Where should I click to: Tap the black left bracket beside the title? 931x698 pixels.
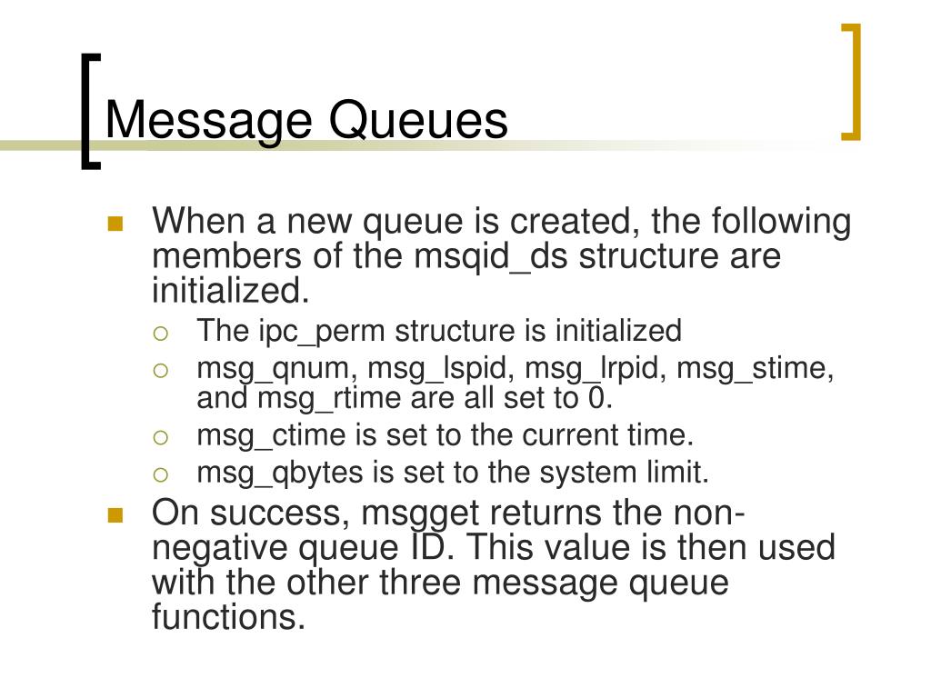click(88, 111)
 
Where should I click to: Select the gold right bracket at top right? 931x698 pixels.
click(851, 83)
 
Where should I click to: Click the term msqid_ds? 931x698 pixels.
click(492, 257)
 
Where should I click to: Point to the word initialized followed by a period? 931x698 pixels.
click(230, 291)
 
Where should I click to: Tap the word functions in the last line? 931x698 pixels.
click(225, 618)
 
